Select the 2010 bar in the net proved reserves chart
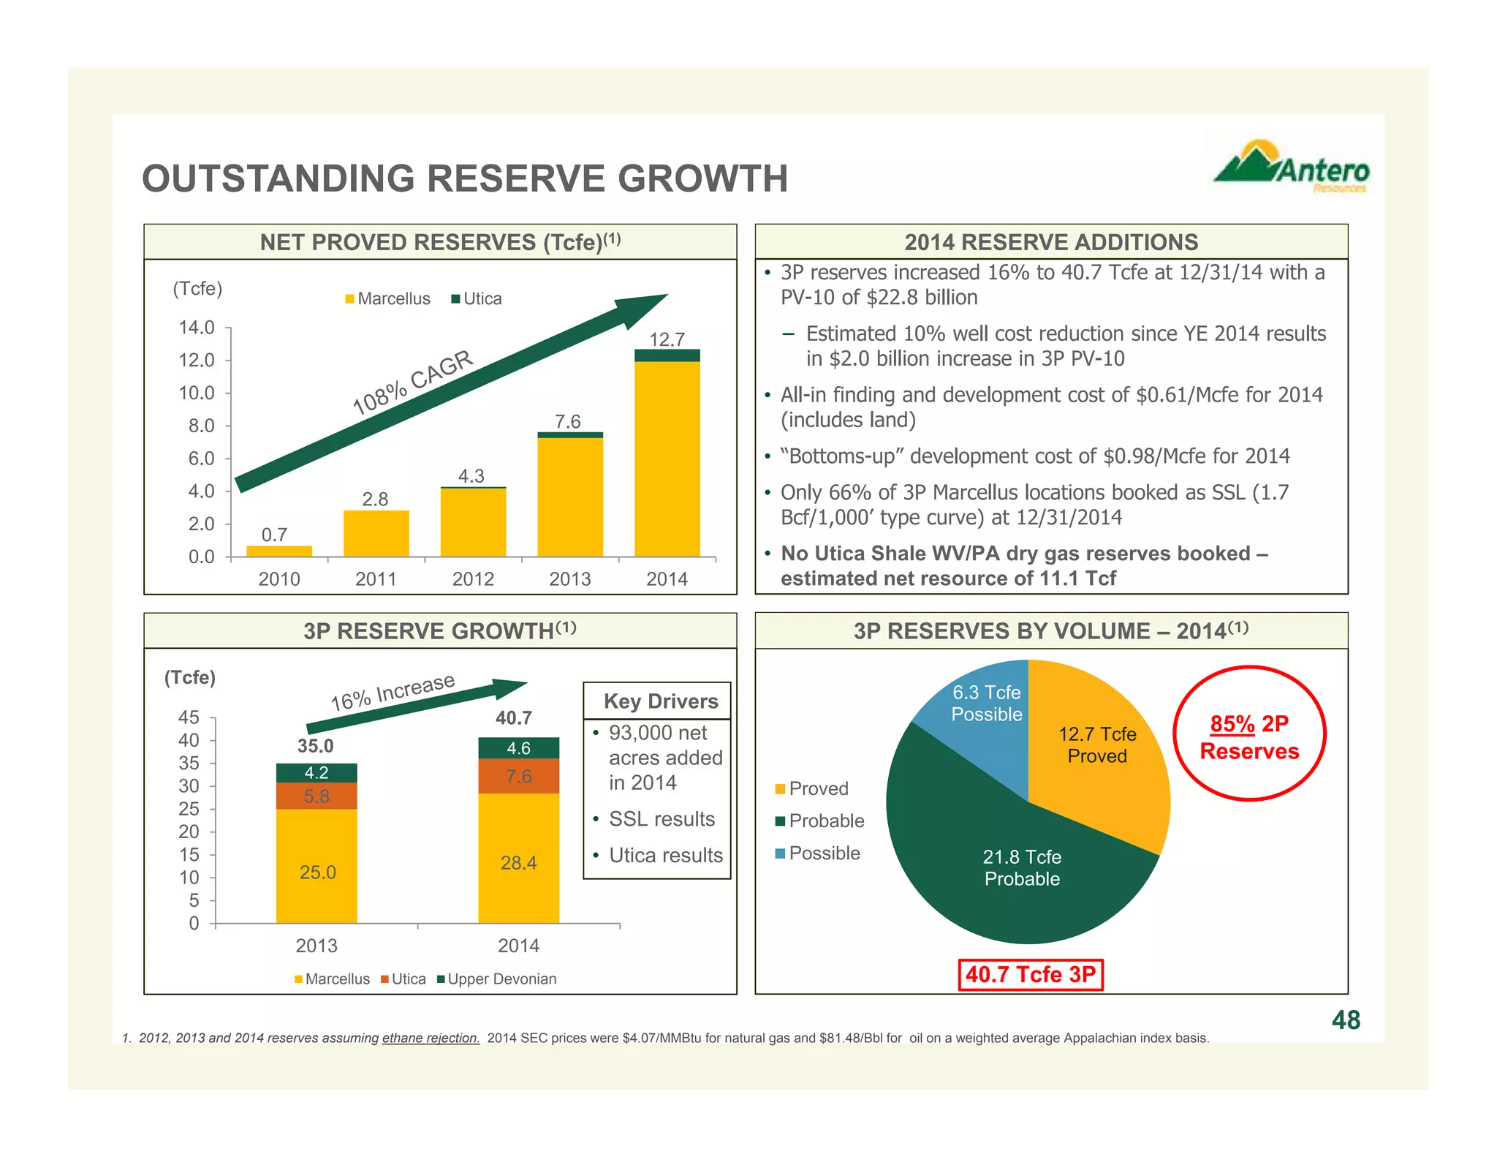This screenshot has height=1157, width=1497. [x=279, y=551]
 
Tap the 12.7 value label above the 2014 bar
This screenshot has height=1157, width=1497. [x=667, y=339]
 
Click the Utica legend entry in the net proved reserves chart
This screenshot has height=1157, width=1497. [x=477, y=298]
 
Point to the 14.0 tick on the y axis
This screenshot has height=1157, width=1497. [x=197, y=328]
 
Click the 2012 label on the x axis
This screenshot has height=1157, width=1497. [x=473, y=579]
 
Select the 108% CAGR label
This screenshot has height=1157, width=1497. [x=413, y=382]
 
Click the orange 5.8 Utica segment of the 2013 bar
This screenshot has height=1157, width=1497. [x=317, y=796]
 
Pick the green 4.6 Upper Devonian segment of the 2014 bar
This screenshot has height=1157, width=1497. [x=519, y=748]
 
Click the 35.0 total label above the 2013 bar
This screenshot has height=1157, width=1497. [x=315, y=746]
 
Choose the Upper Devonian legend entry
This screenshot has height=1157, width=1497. [x=496, y=979]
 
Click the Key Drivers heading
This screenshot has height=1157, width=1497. [x=661, y=701]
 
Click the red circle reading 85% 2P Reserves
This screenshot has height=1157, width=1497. [x=1249, y=734]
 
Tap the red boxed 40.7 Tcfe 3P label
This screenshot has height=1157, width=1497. [x=1030, y=975]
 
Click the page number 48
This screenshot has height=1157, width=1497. [x=1346, y=1020]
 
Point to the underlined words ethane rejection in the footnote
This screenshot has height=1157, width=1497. [x=431, y=1039]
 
